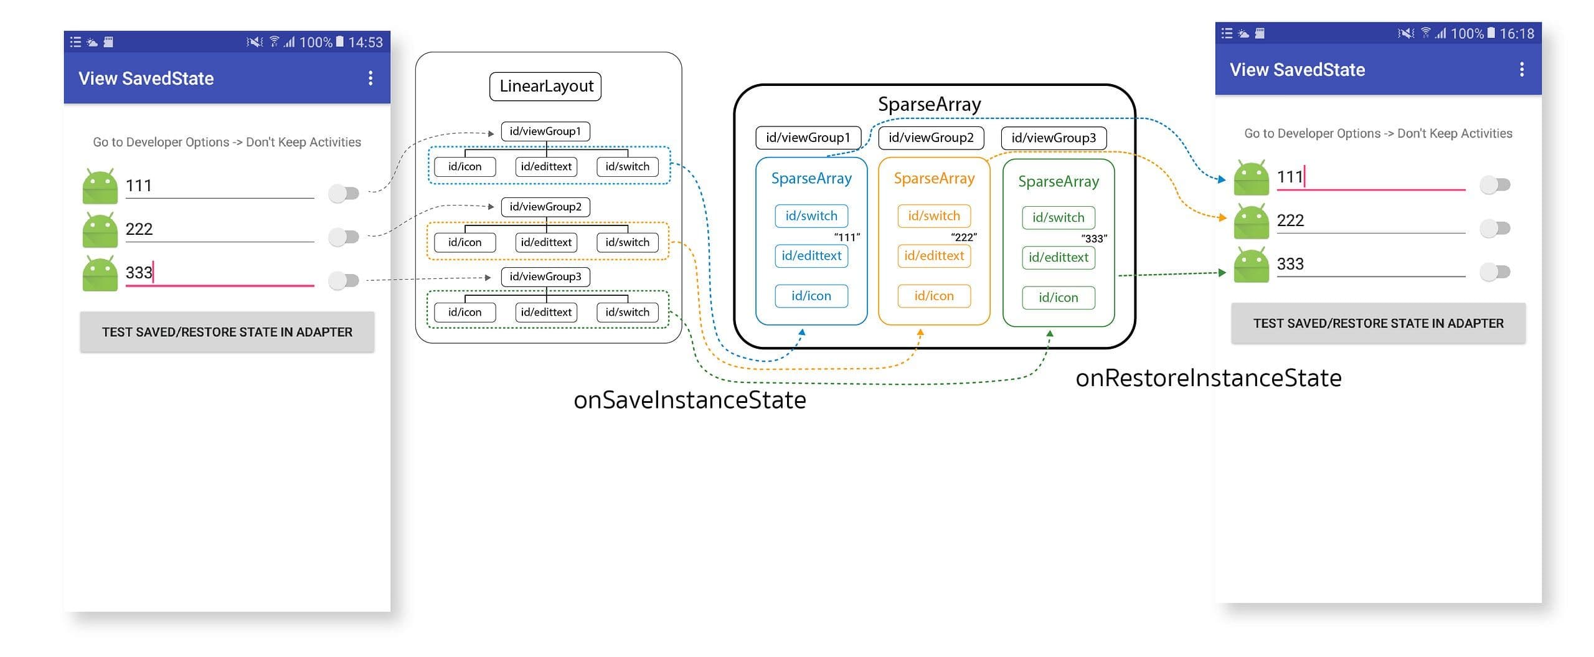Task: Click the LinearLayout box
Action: (x=545, y=86)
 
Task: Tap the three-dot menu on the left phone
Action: (x=370, y=78)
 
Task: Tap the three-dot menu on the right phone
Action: (x=1522, y=69)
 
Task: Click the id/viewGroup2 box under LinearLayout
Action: (x=545, y=207)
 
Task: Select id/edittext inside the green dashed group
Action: (x=546, y=312)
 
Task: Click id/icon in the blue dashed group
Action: (x=465, y=167)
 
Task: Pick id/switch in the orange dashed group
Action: (x=627, y=242)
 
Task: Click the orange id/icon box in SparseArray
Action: (x=933, y=296)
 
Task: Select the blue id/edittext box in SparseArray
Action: (x=811, y=256)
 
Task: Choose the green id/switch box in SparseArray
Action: (x=1058, y=217)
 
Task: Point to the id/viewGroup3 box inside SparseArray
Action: (x=1054, y=138)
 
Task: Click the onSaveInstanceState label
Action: (x=689, y=400)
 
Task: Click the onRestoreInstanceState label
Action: (x=1208, y=378)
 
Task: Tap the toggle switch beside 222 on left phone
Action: (x=344, y=237)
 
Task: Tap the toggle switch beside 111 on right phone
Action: (x=1495, y=184)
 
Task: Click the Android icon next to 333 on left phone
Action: (x=100, y=273)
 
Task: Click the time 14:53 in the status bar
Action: (x=365, y=42)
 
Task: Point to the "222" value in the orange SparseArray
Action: (x=964, y=237)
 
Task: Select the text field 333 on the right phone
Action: (x=1370, y=264)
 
